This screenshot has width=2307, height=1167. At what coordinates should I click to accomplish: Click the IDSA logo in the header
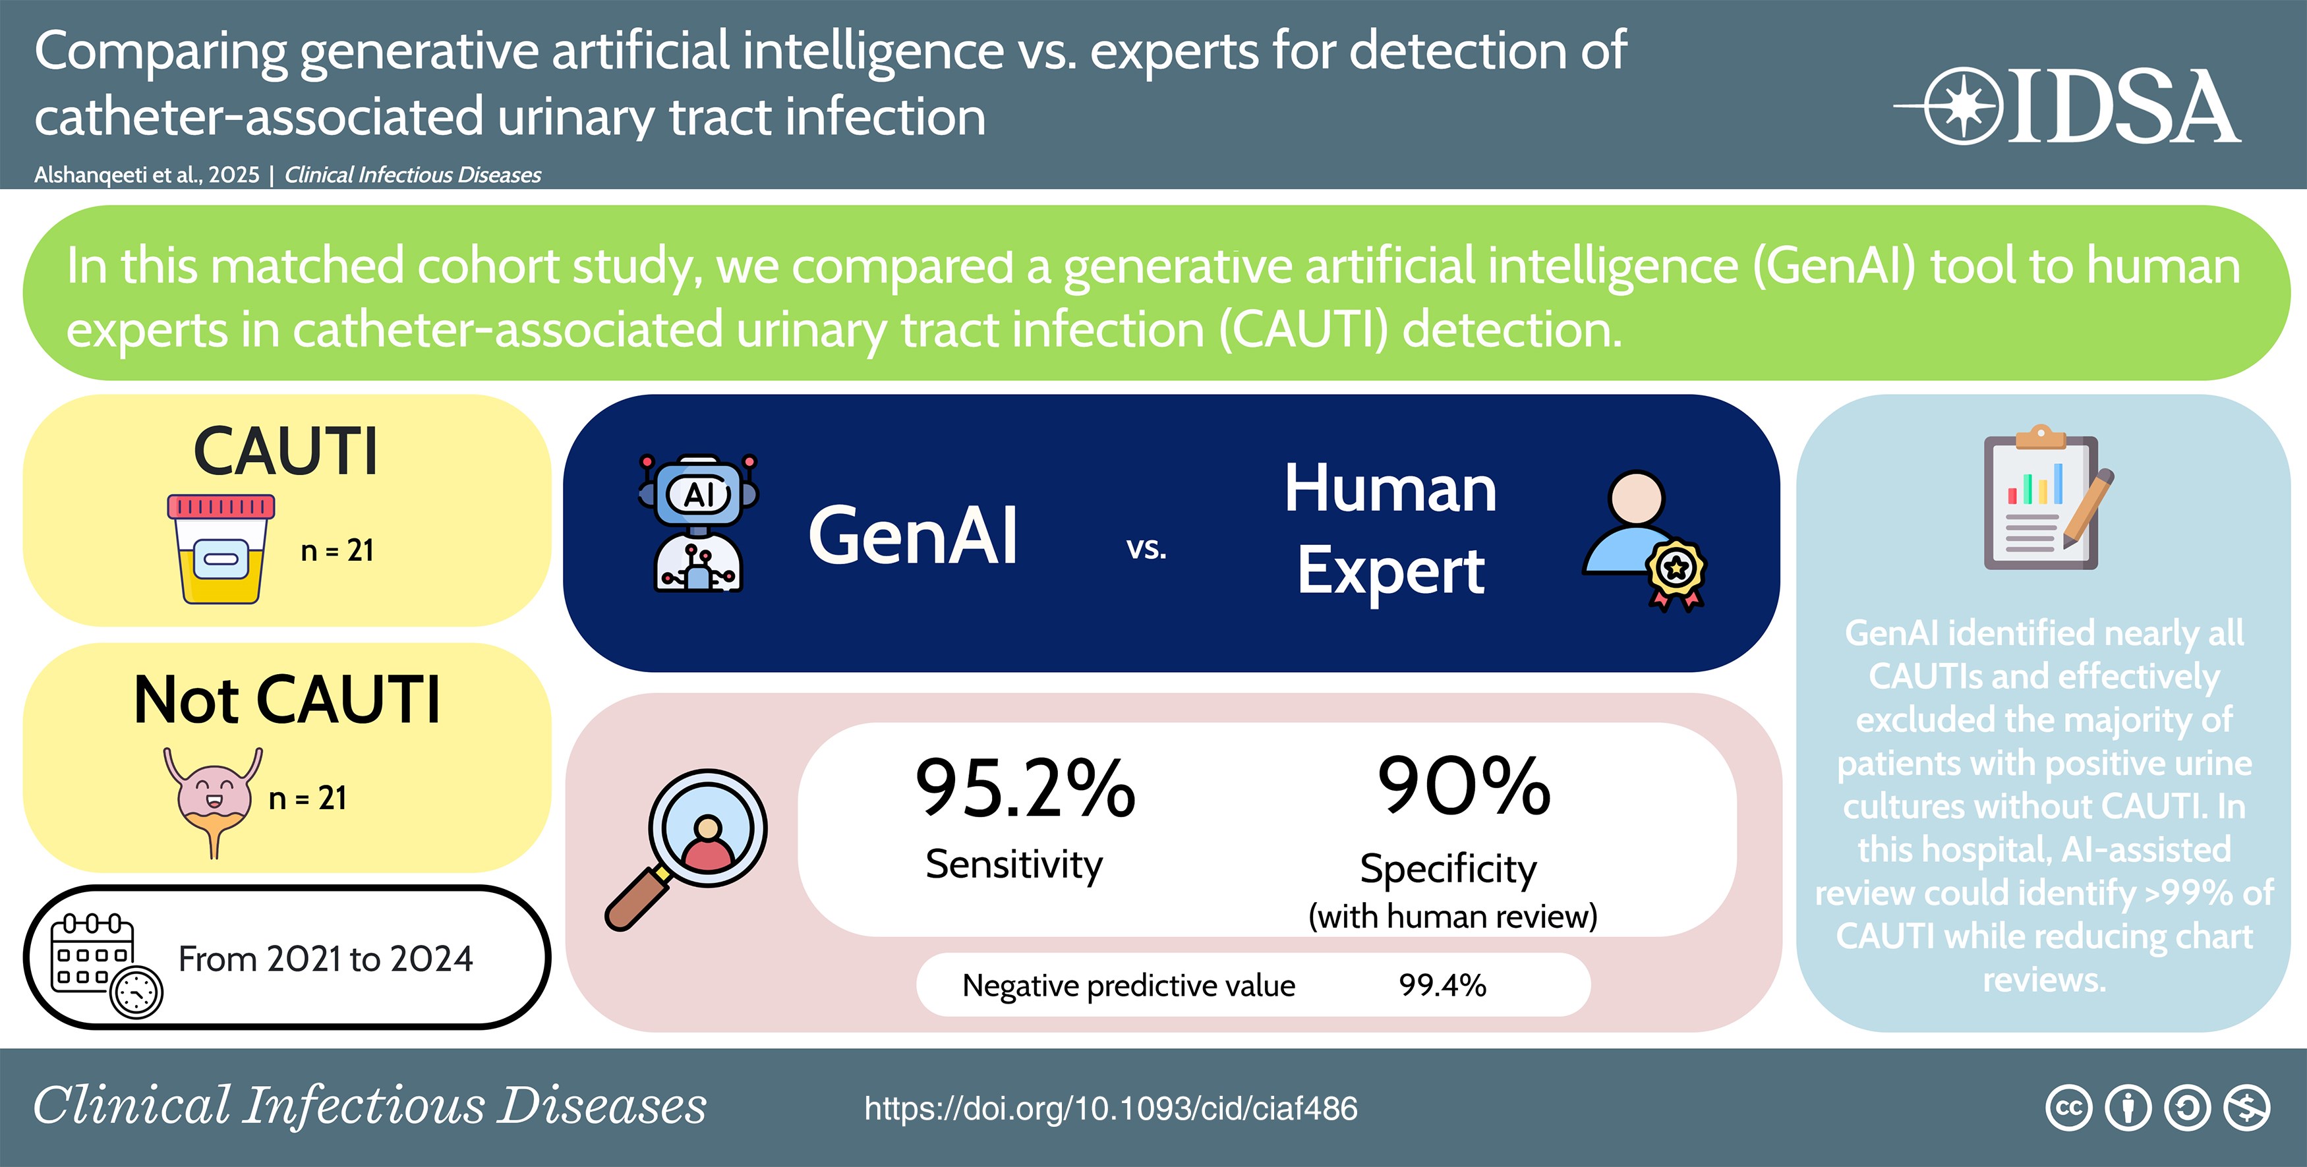click(2067, 105)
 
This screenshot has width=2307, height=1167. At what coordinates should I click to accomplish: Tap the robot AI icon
click(699, 523)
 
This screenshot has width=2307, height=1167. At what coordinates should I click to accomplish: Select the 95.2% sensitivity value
click(1026, 787)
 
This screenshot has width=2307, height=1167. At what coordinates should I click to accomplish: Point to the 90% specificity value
click(1464, 785)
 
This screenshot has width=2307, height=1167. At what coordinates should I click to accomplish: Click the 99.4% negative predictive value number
click(1443, 985)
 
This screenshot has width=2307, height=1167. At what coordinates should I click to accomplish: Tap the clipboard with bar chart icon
click(2047, 498)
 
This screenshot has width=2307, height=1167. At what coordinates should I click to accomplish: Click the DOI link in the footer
click(1111, 1109)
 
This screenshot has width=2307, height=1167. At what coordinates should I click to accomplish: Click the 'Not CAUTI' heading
click(287, 700)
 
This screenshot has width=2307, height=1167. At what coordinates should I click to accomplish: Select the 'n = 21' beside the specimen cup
click(337, 550)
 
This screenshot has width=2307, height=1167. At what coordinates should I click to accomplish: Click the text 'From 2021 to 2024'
click(325, 959)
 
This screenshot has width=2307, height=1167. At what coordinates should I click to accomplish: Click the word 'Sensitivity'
click(1014, 865)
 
